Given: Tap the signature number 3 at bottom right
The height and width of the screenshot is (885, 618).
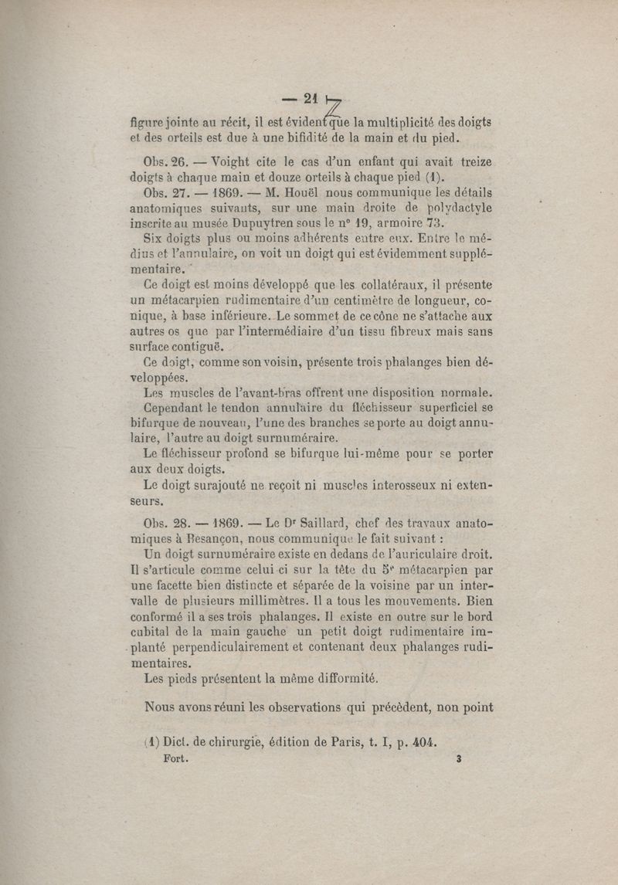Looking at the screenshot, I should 458,759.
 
